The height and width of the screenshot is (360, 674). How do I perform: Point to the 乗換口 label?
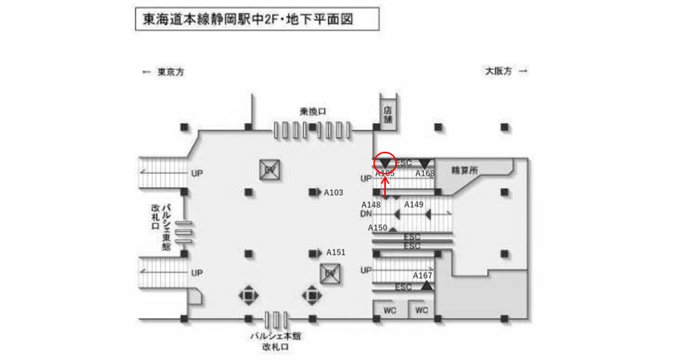pos(312,111)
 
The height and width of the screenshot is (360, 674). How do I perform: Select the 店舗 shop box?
pos(388,113)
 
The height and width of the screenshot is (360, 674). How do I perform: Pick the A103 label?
pos(334,193)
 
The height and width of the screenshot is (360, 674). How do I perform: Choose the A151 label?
pos(336,252)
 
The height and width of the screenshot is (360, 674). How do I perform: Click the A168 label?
pos(425,174)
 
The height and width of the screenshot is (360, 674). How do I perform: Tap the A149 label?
pos(414,205)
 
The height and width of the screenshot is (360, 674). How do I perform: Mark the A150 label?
pos(378,228)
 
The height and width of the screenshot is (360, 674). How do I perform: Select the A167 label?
pos(422,276)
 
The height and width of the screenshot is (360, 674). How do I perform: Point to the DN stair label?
pos(366,213)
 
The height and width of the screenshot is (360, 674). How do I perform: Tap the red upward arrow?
pos(386,187)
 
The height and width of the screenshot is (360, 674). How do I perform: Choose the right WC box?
pos(422,310)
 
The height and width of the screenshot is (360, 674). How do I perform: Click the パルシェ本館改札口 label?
pos(275,341)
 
